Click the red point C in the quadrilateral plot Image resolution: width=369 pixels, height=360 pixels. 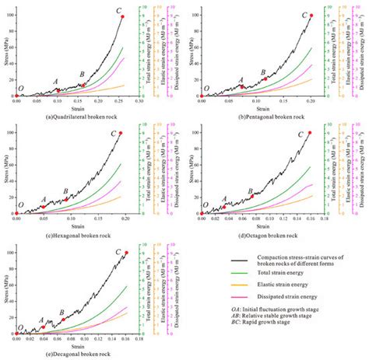click(x=122, y=16)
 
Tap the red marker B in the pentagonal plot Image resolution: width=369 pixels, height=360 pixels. click(x=265, y=79)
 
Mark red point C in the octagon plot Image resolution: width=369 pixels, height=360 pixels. click(x=310, y=132)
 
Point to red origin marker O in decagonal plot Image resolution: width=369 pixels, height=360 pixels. click(x=16, y=333)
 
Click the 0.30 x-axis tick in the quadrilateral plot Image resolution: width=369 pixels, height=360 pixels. click(x=139, y=100)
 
